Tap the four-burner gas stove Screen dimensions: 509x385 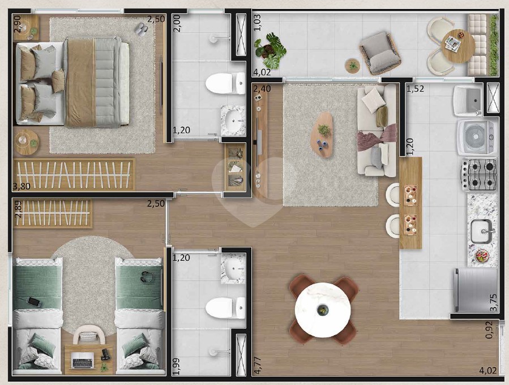click(480, 174)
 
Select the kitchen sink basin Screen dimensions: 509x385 click(481, 231)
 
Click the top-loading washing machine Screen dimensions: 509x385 click(477, 137)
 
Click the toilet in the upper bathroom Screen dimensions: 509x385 click(225, 83)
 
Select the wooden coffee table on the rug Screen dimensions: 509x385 click(322, 135)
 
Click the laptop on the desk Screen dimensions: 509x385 click(83, 360)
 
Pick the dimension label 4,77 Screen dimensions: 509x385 click(258, 366)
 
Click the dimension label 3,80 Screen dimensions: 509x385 click(22, 186)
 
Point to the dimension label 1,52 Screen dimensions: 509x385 click(415, 89)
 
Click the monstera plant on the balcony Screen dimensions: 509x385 click(270, 50)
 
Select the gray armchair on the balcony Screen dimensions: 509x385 click(380, 53)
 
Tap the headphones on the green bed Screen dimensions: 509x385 click(147, 277)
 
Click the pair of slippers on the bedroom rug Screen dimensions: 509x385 click(141, 29)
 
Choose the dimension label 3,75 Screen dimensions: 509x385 click(493, 302)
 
